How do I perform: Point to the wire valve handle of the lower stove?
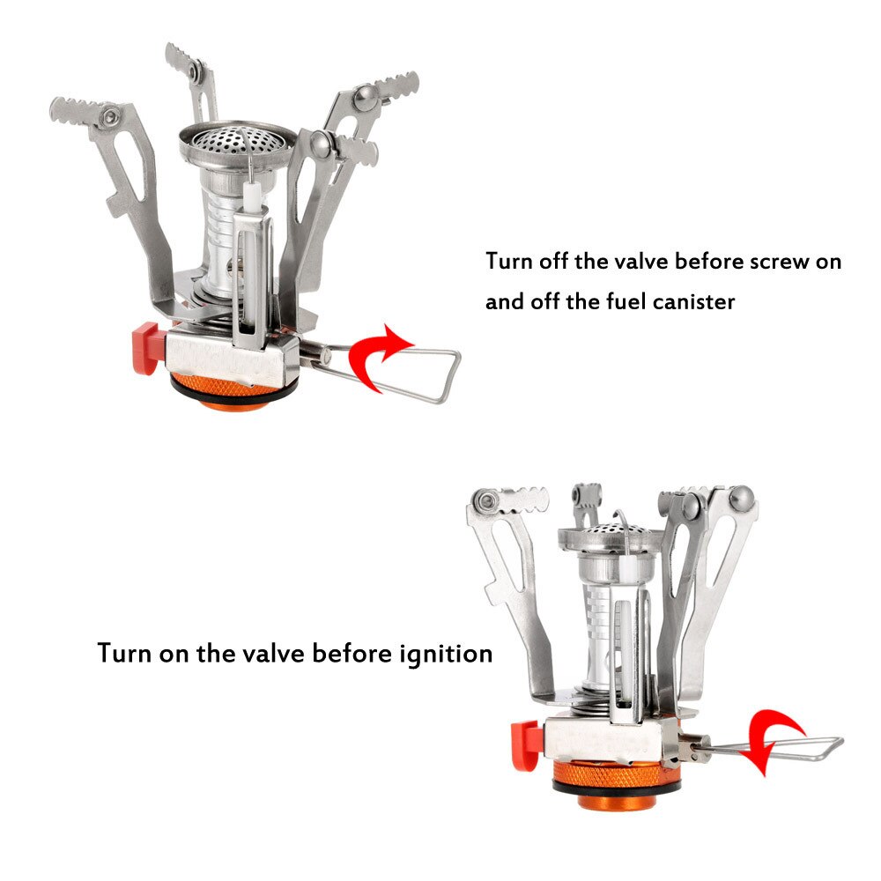click(x=793, y=749)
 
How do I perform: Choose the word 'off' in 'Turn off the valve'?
click(x=555, y=262)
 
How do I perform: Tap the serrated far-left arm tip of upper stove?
click(x=76, y=110)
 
